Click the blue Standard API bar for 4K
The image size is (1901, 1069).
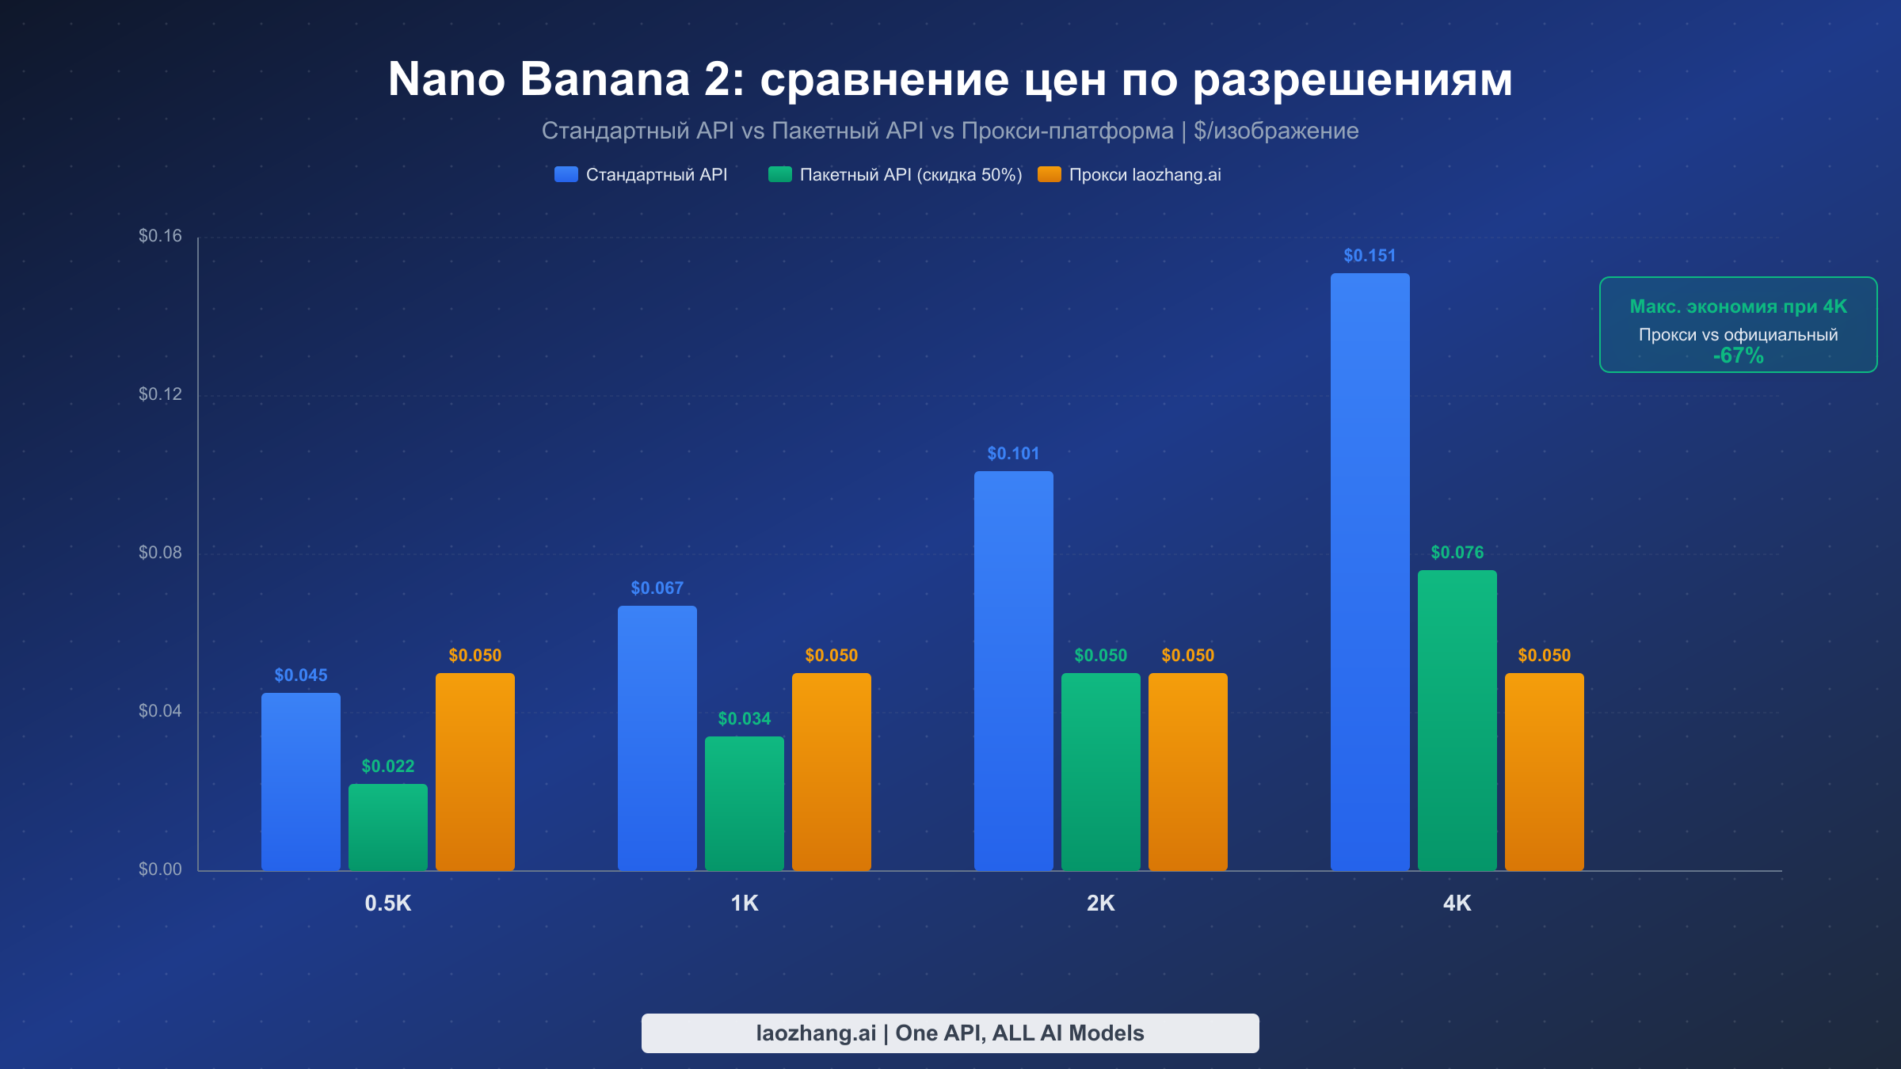(1370, 570)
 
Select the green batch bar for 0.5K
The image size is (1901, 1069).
(387, 827)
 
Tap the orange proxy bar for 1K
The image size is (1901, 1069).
(831, 772)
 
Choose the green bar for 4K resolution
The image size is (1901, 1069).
(1457, 721)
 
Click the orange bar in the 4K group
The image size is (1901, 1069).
(1544, 772)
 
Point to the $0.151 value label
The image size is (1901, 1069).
(1370, 256)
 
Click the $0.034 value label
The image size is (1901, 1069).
(744, 719)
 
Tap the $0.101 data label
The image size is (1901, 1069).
(1013, 454)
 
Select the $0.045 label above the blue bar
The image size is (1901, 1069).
(300, 675)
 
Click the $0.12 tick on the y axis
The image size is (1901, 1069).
(160, 394)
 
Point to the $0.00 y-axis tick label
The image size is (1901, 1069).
(160, 869)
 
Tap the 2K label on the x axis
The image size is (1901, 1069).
(1100, 904)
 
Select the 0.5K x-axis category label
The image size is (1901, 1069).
(387, 904)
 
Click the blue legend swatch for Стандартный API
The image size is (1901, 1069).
(566, 174)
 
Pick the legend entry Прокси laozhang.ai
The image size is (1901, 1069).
(1145, 175)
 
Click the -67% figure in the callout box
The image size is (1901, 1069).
(1738, 356)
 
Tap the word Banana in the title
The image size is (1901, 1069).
(605, 79)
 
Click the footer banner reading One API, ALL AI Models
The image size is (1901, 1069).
(950, 1033)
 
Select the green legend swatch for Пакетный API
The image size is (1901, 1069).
(779, 174)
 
